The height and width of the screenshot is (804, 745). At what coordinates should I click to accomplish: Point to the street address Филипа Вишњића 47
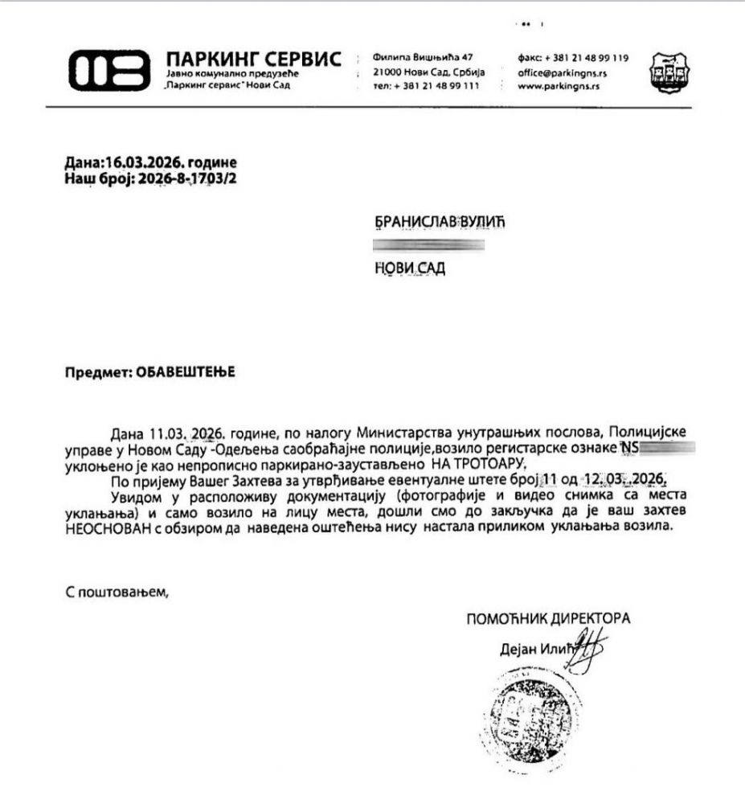coord(423,57)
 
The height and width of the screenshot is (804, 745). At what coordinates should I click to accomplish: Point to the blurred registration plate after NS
coord(666,447)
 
